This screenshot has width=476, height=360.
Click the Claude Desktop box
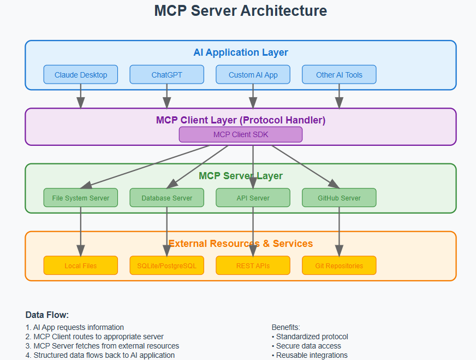coord(81,75)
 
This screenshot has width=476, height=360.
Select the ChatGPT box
coord(166,75)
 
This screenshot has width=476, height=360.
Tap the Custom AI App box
coord(253,75)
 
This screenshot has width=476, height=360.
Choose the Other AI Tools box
coord(339,75)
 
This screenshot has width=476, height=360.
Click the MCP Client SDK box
coord(240,134)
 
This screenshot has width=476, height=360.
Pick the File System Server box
coord(81,198)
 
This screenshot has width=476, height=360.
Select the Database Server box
coord(166,198)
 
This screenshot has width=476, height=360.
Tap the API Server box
coord(253,198)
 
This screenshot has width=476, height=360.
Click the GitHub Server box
coord(339,198)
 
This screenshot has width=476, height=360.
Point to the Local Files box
coord(81,265)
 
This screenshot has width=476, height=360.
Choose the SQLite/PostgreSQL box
coord(166,265)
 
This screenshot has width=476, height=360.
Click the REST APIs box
coord(253,265)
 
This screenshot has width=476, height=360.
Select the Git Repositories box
coord(339,265)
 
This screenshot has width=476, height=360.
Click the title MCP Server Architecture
coord(240,10)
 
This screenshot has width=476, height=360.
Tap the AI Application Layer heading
coord(240,52)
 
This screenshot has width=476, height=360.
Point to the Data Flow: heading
coord(47,315)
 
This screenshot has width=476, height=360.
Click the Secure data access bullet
coord(308,346)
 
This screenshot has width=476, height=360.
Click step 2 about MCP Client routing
coord(98,337)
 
